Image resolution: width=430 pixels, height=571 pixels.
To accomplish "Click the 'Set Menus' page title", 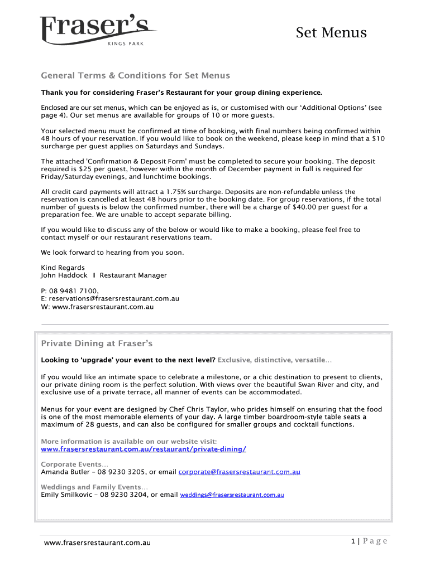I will (331, 33).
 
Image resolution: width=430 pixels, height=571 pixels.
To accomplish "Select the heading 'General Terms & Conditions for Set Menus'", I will (136, 76).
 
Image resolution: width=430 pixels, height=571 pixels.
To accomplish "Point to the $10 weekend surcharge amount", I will (378, 138).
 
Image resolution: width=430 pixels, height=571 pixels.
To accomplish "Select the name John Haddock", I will (64, 275).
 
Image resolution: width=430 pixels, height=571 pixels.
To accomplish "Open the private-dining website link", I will (144, 449).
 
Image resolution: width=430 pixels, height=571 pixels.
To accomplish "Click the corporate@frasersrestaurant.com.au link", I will (239, 472).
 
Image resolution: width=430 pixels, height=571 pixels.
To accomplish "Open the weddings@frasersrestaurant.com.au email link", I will (232, 495).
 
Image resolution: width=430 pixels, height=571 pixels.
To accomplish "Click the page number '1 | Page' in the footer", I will (369, 541).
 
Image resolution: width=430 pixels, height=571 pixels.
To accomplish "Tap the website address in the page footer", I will (97, 543).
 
